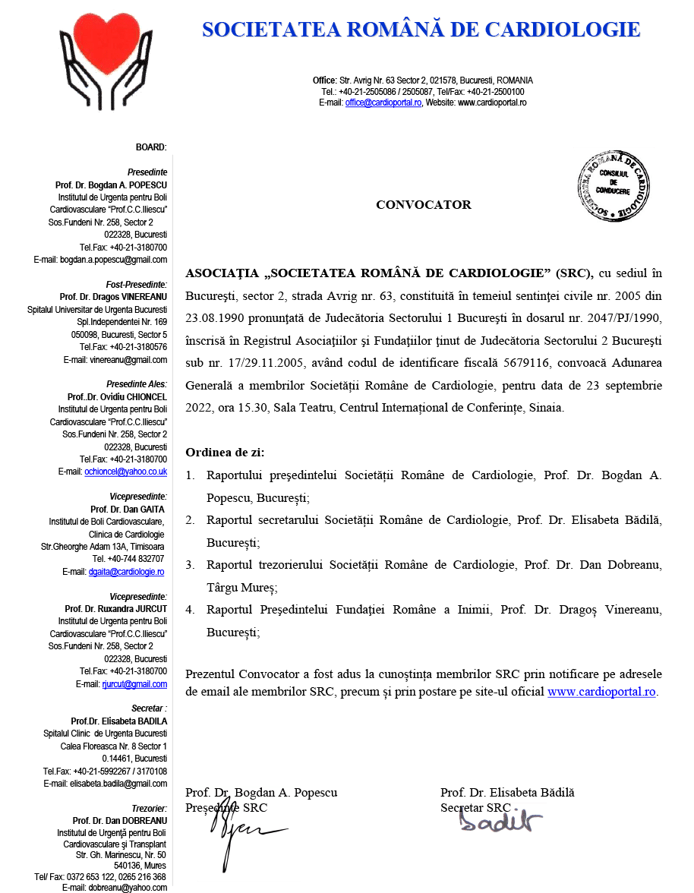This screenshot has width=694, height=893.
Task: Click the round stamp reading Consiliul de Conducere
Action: click(614, 186)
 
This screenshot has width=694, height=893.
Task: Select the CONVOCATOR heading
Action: click(424, 205)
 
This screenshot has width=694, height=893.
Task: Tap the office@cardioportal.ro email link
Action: click(383, 103)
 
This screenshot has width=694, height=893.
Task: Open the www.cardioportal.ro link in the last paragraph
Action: click(601, 692)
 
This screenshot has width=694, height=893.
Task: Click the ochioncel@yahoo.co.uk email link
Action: click(126, 472)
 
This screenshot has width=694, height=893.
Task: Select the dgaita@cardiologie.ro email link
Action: click(126, 572)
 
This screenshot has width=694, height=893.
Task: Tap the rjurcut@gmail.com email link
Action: click(134, 684)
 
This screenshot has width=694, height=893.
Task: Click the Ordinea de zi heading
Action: click(225, 453)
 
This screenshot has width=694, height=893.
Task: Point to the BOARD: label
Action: click(151, 147)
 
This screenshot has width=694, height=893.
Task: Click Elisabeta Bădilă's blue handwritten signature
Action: click(500, 820)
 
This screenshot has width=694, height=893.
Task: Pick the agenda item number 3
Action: click(190, 565)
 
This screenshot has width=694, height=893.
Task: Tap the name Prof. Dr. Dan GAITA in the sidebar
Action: click(128, 509)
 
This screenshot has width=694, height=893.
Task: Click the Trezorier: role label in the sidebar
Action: click(149, 809)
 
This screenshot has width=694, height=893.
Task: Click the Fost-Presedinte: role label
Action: click(137, 285)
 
